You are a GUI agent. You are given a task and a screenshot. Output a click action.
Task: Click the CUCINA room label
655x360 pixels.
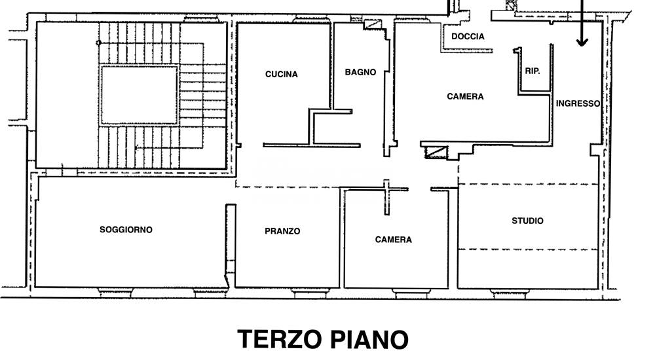click(x=282, y=75)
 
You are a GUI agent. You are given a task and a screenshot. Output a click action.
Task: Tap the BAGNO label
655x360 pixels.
click(x=360, y=72)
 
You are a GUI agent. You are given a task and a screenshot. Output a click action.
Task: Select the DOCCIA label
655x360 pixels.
click(x=468, y=37)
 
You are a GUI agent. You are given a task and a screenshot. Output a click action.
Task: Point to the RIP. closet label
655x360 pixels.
click(x=533, y=71)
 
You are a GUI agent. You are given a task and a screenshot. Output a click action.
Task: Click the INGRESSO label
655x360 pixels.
click(x=578, y=103)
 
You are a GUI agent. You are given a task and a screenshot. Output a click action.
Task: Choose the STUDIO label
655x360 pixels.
click(x=527, y=221)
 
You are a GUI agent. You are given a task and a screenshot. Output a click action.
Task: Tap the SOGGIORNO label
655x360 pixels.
click(x=126, y=229)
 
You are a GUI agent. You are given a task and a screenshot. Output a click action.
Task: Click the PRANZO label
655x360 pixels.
click(x=282, y=231)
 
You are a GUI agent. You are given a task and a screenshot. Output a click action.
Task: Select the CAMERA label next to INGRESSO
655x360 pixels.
click(x=465, y=96)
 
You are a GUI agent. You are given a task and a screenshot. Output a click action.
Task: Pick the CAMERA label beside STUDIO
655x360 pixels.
click(x=394, y=240)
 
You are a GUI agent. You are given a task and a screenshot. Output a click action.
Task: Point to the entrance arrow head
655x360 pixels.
click(x=582, y=42)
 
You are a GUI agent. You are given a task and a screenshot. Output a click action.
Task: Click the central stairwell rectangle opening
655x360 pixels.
click(x=139, y=95)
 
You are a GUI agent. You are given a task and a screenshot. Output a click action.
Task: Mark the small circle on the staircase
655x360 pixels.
click(x=99, y=43)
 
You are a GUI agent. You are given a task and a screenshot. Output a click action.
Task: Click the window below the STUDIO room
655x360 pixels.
click(x=509, y=293)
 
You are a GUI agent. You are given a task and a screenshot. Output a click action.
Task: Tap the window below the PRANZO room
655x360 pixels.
click(x=310, y=293)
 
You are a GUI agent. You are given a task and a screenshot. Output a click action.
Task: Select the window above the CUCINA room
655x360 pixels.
click(x=312, y=19)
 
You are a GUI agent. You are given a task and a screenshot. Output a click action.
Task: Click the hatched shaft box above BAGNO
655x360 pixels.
click(x=373, y=24)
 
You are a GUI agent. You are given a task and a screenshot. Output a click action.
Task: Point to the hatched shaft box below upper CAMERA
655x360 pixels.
click(x=436, y=152)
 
